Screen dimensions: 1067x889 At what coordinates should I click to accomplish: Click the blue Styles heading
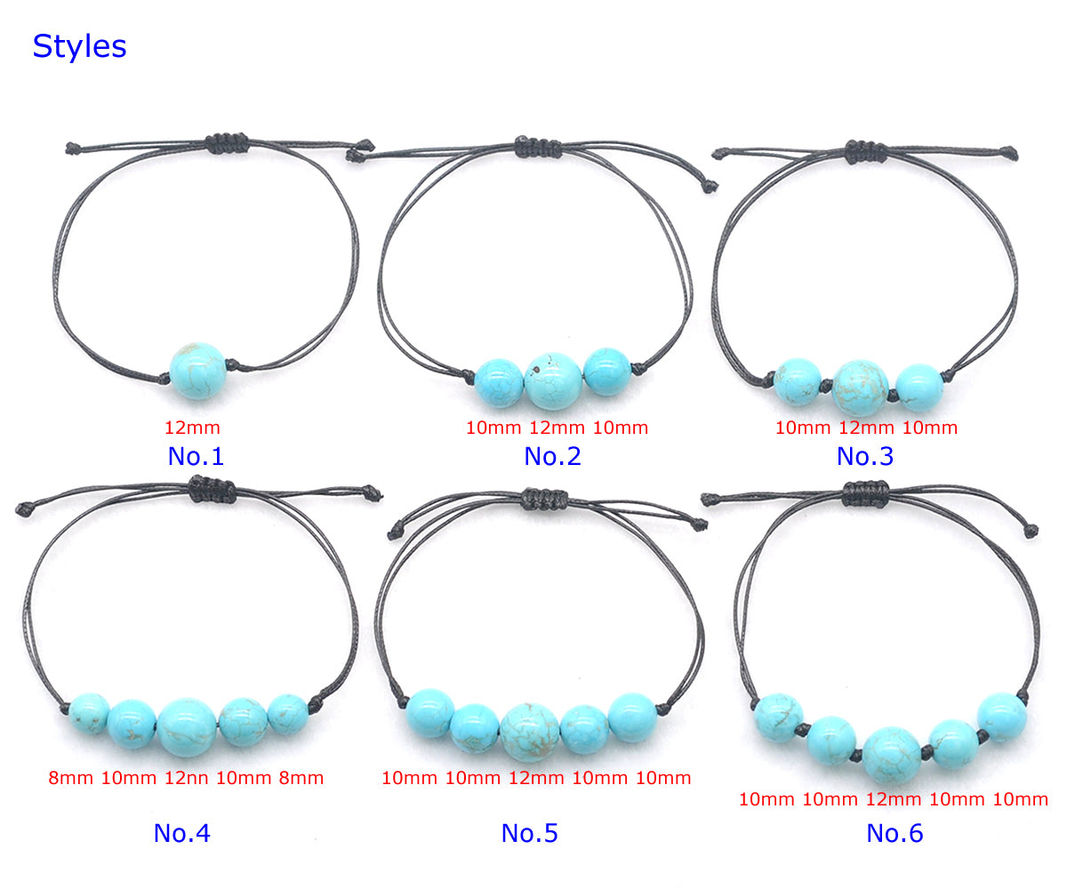coord(79,46)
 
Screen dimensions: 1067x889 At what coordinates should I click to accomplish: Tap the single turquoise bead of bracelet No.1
coord(197,371)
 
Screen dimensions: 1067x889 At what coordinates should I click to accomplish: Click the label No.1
coord(196,456)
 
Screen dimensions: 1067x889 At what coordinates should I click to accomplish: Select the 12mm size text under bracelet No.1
coord(192,428)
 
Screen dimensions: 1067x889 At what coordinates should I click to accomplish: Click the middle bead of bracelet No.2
coord(553,381)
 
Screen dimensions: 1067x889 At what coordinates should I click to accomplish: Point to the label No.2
coord(552,456)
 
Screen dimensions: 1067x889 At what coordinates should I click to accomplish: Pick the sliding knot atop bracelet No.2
coord(538,148)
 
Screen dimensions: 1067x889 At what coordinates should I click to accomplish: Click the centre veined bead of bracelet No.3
coord(861,388)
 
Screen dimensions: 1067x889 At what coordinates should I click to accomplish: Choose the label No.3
coord(864,456)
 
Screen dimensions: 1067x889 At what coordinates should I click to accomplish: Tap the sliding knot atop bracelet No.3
coord(866,152)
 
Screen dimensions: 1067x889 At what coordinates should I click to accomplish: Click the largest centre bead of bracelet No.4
coord(187,727)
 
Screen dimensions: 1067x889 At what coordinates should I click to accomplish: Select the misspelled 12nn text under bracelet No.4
coord(186,779)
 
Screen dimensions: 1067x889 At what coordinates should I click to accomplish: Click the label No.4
coord(182,833)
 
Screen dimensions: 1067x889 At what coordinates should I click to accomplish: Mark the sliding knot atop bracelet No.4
coord(213,489)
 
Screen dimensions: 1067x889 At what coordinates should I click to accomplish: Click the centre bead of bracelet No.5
coord(530,733)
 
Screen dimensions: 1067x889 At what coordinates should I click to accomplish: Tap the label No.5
coord(529,833)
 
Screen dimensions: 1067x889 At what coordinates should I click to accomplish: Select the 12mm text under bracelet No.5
coord(536,779)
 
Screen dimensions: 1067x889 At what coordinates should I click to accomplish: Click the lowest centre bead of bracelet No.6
coord(892,755)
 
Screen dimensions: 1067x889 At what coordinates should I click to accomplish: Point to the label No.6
coord(895,833)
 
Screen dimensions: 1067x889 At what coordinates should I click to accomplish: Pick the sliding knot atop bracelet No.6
coord(866,493)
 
